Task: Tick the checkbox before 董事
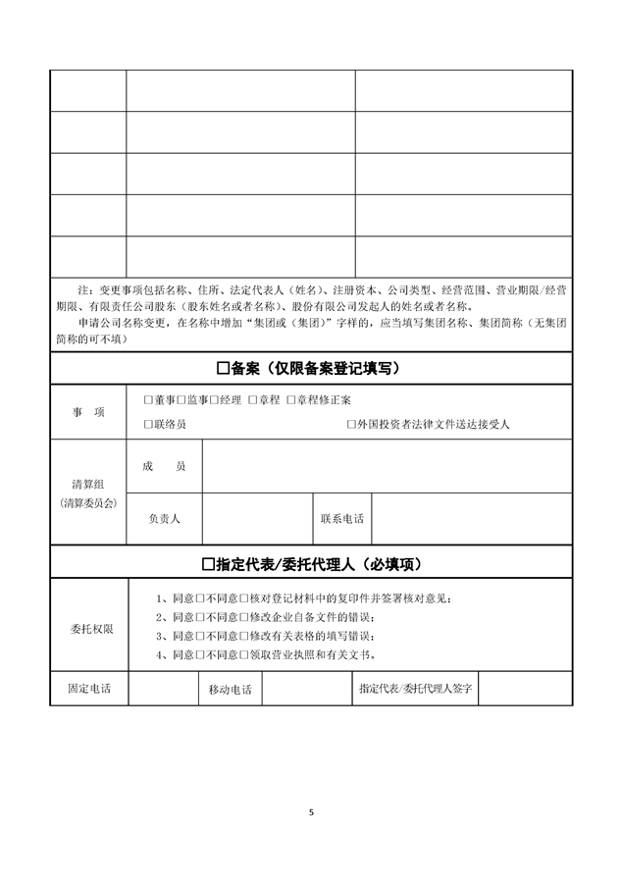click(148, 400)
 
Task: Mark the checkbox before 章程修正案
click(290, 400)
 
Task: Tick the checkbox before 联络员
click(148, 425)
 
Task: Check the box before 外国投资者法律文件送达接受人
click(351, 425)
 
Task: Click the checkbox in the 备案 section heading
click(222, 368)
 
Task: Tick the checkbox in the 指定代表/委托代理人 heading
click(207, 564)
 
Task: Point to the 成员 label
click(164, 467)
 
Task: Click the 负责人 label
click(164, 518)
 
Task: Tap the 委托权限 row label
click(90, 628)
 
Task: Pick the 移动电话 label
click(230, 689)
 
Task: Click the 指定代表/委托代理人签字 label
click(417, 689)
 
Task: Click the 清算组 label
click(88, 485)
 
